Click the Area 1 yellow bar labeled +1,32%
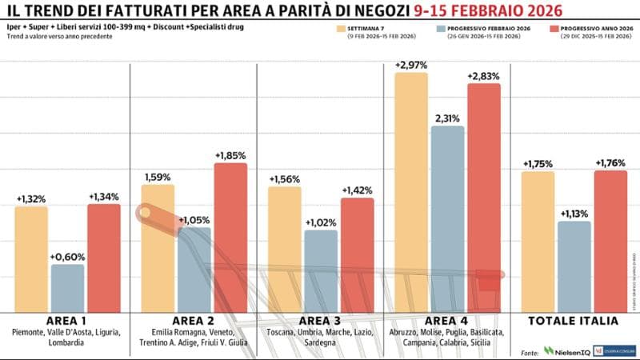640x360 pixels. [31, 259]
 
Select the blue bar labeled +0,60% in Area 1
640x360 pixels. [67, 288]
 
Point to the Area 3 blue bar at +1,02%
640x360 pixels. [321, 271]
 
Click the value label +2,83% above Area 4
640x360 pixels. [484, 76]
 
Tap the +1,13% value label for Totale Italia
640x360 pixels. [574, 214]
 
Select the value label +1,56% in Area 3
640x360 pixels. [285, 179]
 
